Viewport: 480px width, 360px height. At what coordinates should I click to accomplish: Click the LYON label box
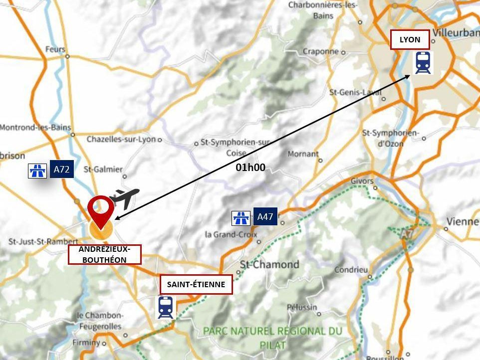coord(410,39)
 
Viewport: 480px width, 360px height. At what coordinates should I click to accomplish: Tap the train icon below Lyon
coord(423,63)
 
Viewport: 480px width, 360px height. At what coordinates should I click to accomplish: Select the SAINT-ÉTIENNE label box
coord(196,285)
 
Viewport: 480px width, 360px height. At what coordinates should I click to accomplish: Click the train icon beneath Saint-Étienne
coord(166,307)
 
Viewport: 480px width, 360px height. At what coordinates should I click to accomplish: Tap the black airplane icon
coord(124,197)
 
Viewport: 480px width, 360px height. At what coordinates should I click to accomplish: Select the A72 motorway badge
coord(61,170)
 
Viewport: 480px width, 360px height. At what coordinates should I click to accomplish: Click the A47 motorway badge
coord(265,216)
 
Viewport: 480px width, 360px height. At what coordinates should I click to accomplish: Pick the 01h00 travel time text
coord(250,168)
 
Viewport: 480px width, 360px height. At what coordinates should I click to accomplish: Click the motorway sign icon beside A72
coord(37,171)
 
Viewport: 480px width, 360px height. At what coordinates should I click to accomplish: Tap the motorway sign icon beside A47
coord(241,218)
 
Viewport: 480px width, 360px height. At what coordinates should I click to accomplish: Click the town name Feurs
coord(55,49)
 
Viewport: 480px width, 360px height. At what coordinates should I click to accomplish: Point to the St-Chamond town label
coord(270,264)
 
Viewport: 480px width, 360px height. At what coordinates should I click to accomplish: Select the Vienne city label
coord(462,221)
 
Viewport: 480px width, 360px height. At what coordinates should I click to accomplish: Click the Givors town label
coord(362,180)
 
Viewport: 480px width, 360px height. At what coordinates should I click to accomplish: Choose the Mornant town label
coord(303,154)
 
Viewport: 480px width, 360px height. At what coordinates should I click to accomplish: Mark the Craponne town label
coord(320,51)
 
